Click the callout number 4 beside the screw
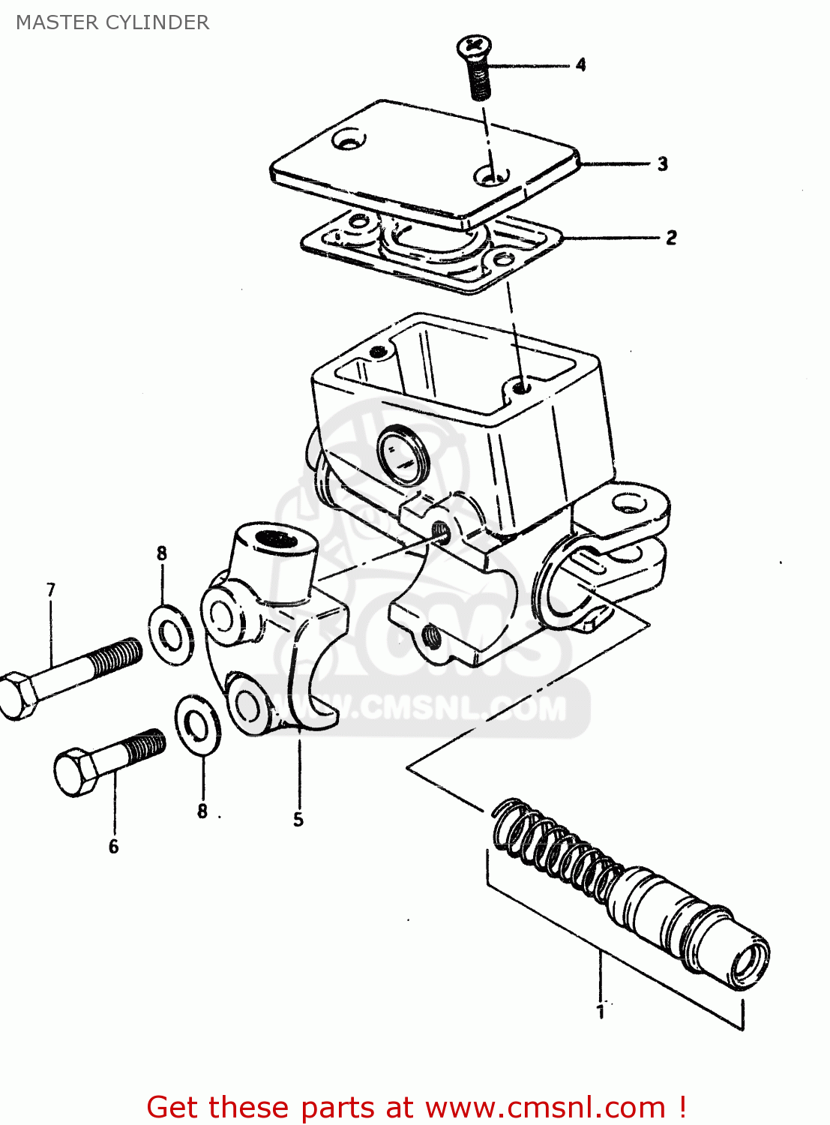(x=580, y=65)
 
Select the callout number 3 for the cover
(x=662, y=163)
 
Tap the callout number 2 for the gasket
(x=671, y=238)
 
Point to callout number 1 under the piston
(x=600, y=1012)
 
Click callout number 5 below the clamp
(x=298, y=819)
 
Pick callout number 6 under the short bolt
(x=113, y=847)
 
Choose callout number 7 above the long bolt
(x=51, y=590)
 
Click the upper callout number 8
(x=161, y=553)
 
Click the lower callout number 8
(x=202, y=811)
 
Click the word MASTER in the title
(x=57, y=22)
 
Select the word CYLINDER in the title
(x=157, y=22)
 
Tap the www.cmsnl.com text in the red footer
(x=545, y=1107)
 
